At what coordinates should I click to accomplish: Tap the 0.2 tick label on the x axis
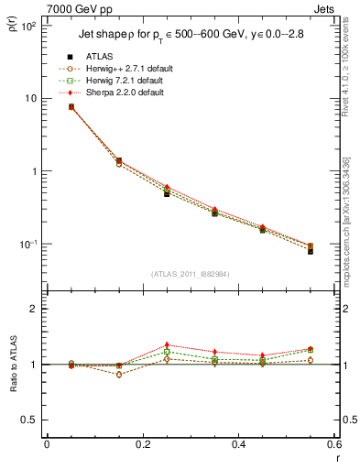pyautogui.click(x=142, y=444)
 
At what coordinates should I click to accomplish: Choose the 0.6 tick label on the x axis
pyautogui.click(x=333, y=444)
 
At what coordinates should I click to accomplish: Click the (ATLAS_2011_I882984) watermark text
pyautogui.click(x=190, y=273)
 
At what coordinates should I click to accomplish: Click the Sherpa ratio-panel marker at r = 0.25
pyautogui.click(x=167, y=345)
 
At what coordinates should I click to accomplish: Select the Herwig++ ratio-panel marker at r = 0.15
pyautogui.click(x=119, y=375)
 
